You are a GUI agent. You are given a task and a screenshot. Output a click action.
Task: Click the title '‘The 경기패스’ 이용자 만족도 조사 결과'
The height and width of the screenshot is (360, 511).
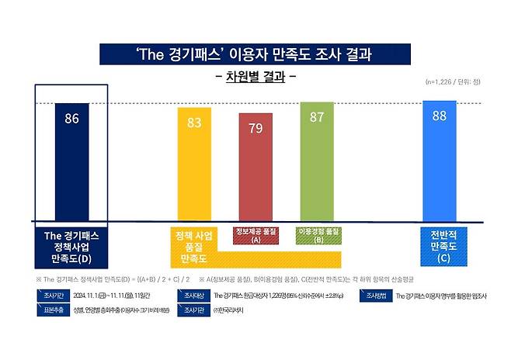coord(255,56)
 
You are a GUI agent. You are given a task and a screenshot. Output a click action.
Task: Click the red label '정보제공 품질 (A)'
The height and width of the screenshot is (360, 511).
coord(255,235)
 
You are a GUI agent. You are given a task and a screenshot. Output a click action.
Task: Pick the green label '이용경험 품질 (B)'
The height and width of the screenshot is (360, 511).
coord(318,235)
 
